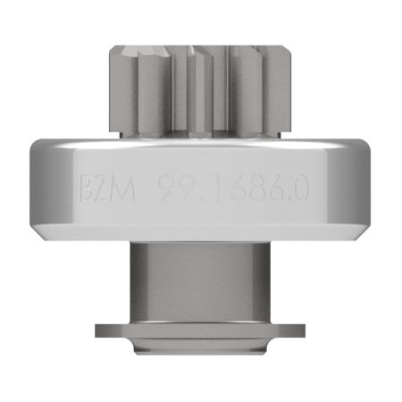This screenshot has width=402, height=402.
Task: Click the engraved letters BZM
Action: tap(108, 188)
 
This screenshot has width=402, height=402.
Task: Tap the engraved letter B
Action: tap(88, 188)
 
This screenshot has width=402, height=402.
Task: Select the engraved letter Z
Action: tap(103, 188)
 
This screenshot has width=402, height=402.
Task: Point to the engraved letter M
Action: tap(123, 188)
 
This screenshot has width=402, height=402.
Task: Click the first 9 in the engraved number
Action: tap(167, 188)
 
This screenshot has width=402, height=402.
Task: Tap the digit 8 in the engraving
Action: tap(260, 188)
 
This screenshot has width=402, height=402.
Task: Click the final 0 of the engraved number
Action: tap(299, 188)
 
